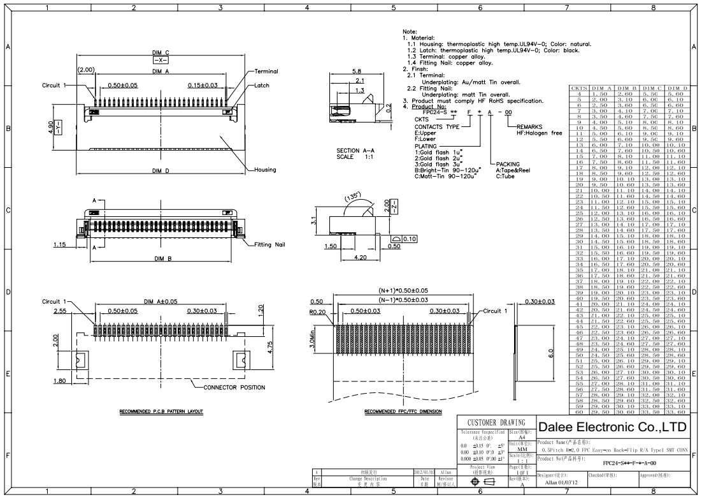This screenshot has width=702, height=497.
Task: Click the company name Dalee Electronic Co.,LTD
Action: pyautogui.click(x=614, y=426)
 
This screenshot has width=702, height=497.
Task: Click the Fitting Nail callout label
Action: pyautogui.click(x=273, y=244)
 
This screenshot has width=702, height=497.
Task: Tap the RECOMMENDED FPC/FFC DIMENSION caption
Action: pyautogui.click(x=403, y=412)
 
